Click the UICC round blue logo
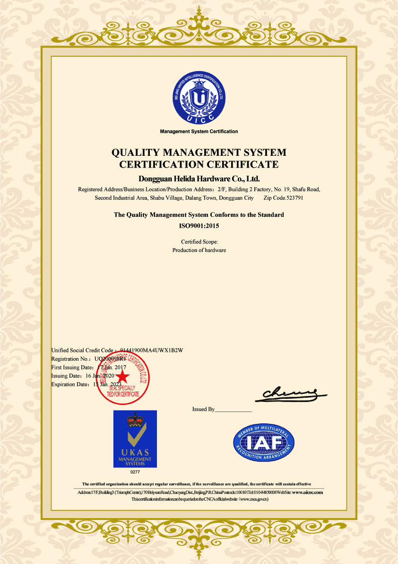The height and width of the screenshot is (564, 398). point(199,97)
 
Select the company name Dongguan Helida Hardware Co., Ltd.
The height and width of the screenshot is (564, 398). point(199,179)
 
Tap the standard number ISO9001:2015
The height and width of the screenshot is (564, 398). point(199,226)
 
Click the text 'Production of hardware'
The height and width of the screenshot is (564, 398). point(199,250)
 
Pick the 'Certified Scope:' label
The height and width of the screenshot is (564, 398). point(199,242)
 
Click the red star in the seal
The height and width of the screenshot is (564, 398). point(122,376)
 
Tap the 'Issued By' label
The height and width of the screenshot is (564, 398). point(203,409)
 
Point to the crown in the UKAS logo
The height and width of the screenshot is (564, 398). point(135,420)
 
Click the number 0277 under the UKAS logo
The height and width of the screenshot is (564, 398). point(135,473)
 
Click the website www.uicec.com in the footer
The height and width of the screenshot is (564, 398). point(307,492)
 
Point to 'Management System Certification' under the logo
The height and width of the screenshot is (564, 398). point(199,132)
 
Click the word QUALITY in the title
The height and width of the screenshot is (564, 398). point(135,152)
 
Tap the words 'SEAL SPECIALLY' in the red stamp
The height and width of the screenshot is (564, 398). point(122,388)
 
